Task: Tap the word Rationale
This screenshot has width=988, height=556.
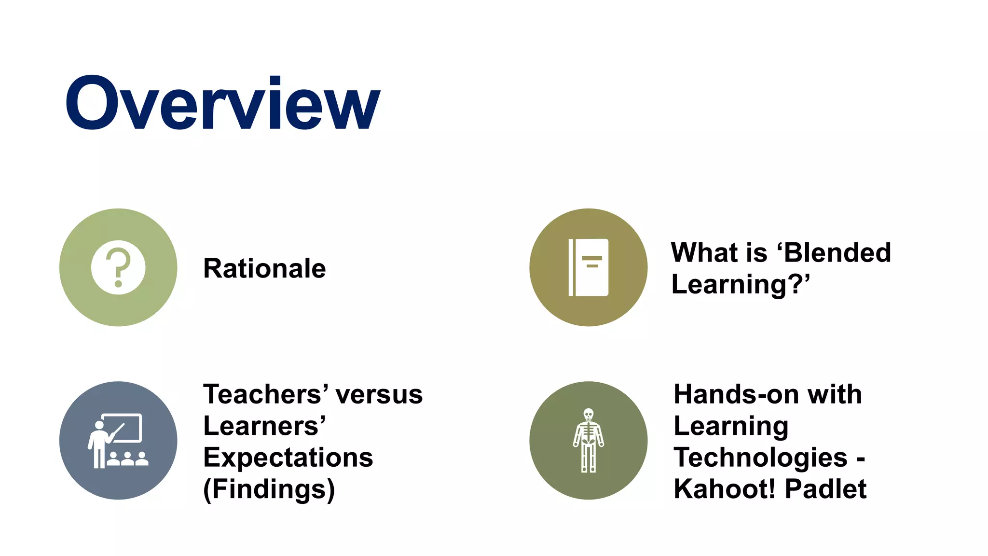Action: pos(264,268)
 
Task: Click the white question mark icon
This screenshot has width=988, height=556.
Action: pos(118,267)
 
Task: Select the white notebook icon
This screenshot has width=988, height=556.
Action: pos(588,267)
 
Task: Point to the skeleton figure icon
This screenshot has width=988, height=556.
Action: pos(588,441)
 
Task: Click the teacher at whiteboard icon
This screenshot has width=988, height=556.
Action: pos(118,441)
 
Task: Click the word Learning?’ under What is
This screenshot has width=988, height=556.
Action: pos(740,284)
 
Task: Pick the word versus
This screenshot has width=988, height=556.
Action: pos(379,394)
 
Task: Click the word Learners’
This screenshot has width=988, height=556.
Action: pos(264,426)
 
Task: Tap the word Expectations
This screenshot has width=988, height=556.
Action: pos(288,458)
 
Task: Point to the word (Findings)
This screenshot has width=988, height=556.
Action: pos(269,489)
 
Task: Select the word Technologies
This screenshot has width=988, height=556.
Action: pos(760,458)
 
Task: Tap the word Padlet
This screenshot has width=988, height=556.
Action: pos(825,489)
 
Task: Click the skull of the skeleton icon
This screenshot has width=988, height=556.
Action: pos(588,415)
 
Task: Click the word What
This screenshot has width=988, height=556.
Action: pos(694,252)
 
